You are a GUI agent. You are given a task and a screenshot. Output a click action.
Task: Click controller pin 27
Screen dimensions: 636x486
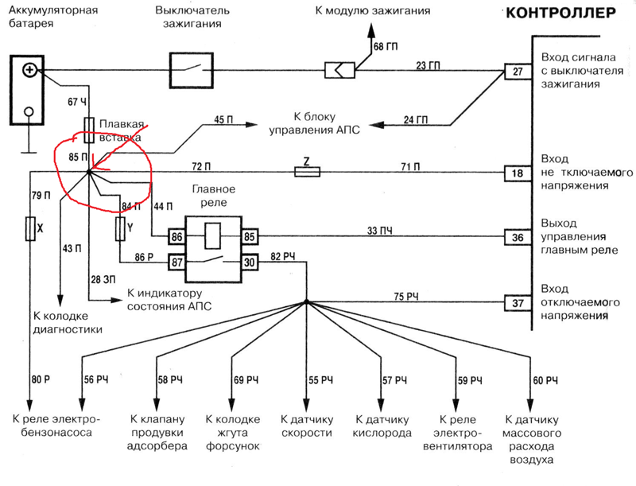518,72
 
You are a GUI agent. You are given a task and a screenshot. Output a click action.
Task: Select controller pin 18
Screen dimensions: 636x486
518,173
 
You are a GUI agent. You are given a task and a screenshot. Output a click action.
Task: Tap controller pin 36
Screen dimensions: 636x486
518,237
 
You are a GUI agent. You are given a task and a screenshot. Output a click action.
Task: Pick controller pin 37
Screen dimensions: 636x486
518,303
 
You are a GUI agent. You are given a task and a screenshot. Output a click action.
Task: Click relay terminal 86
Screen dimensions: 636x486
177,236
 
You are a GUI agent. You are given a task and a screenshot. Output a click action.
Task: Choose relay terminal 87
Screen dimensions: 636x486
177,262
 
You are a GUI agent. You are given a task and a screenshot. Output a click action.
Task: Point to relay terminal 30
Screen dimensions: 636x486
250,262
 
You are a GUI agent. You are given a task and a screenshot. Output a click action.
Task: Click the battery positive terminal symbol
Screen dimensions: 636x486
29,70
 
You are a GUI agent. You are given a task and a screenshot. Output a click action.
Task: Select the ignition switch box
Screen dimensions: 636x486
192,70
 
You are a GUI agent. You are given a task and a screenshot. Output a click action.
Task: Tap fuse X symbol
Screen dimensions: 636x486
30,229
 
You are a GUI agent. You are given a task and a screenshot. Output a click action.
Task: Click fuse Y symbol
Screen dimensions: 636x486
121,229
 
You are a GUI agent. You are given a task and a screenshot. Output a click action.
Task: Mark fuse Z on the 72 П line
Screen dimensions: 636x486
307,173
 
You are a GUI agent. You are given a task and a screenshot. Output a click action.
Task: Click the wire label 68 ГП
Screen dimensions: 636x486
386,47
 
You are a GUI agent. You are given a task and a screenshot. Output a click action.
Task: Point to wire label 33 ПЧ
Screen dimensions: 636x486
380,231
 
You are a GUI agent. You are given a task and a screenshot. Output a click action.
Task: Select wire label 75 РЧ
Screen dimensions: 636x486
406,297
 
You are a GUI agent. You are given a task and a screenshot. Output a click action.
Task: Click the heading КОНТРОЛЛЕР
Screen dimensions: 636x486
561,13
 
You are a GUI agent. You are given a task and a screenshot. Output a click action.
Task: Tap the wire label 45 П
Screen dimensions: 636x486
223,120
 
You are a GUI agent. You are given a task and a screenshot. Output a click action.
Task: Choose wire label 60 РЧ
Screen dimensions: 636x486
545,380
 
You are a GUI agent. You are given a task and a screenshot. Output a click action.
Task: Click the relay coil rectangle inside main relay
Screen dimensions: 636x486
213,235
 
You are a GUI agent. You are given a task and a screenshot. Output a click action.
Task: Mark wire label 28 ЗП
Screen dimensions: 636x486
103,279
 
